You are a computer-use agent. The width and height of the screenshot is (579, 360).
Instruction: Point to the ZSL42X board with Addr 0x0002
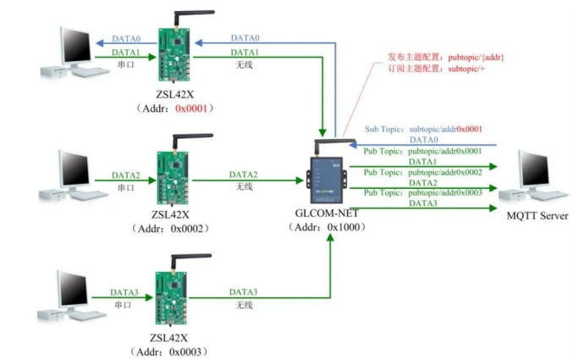click(175, 174)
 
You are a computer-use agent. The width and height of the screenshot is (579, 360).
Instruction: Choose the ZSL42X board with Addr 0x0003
click(175, 302)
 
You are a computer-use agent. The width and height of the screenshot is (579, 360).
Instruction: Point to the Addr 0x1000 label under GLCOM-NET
click(326, 226)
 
